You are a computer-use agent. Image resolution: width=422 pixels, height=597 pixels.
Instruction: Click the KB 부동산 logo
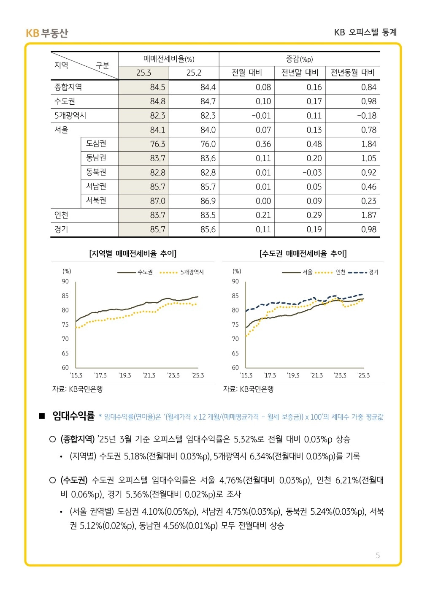pos(47,33)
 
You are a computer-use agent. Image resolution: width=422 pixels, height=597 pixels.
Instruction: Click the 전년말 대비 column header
pos(300,73)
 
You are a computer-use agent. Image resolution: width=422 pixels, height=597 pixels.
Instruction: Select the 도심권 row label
pos(96,144)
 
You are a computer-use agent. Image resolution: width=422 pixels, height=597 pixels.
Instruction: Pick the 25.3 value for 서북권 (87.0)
pos(157,201)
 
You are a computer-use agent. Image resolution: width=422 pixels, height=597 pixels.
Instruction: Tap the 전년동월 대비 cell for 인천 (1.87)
pos(369,215)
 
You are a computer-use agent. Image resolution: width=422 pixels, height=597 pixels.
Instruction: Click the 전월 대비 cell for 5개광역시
pos(261,116)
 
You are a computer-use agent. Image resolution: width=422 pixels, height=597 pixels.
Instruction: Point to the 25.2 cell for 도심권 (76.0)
pos(208,144)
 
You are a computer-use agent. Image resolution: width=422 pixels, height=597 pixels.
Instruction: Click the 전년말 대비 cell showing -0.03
pos(312,173)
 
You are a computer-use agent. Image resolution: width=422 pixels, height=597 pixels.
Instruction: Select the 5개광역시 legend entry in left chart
pos(181,272)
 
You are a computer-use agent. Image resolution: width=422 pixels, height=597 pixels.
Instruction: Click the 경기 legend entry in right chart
pos(363,272)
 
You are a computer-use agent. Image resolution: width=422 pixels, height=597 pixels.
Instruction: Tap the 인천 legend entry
pos(330,272)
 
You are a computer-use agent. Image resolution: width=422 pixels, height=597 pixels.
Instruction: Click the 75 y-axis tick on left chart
pos(65,325)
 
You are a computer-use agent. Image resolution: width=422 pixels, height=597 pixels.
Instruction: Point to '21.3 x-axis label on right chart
pos(316,375)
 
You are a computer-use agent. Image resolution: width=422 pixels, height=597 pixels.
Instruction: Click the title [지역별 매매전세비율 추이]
pos(133,253)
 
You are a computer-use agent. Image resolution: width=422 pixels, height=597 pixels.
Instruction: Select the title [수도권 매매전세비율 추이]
pos(303,253)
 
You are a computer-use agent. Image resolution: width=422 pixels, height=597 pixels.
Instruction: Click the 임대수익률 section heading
pos(73,416)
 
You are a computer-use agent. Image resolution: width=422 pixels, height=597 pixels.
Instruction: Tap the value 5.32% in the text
pos(245,439)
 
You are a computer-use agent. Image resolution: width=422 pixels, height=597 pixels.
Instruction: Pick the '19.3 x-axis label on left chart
pos(124,375)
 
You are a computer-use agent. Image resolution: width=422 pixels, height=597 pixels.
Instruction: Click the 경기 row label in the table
pos(61,229)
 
